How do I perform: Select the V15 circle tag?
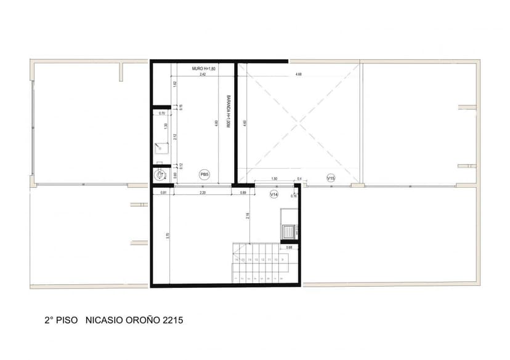[331, 178]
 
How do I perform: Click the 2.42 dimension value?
[203, 74]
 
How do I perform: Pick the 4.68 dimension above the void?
[298, 74]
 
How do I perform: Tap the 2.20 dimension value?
[203, 193]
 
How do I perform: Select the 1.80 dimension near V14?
[274, 179]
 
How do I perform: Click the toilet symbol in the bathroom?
[161, 175]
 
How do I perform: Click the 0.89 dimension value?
[243, 193]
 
